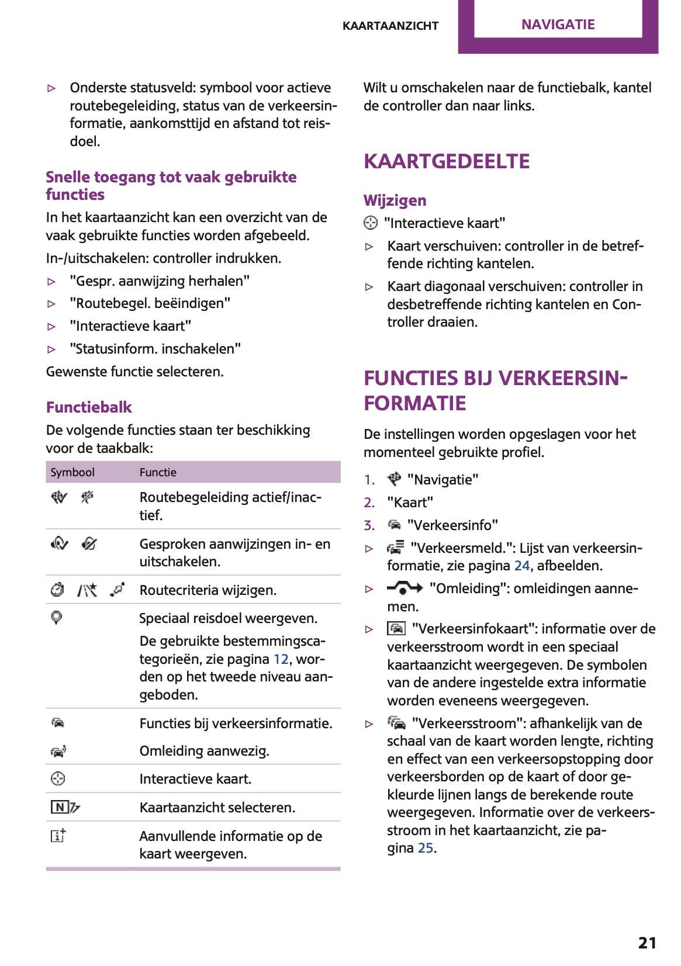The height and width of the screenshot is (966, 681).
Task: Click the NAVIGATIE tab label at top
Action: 558,25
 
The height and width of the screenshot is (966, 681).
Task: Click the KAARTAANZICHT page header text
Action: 390,26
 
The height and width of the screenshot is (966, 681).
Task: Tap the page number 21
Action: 647,943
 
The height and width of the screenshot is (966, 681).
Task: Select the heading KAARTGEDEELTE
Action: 447,161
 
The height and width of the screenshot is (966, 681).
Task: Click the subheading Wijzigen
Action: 395,200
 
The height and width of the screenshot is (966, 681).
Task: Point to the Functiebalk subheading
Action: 89,407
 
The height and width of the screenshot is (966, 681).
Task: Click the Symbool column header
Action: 72,472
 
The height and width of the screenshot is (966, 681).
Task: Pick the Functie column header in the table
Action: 158,472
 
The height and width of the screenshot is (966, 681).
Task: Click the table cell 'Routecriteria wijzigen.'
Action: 208,590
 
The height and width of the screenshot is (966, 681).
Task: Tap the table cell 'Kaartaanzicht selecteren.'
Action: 217,808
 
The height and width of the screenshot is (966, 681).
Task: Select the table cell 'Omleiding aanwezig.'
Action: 204,751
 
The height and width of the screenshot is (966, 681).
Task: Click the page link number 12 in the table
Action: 281,659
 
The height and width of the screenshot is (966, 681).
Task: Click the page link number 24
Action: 521,566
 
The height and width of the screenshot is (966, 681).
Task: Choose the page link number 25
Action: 425,848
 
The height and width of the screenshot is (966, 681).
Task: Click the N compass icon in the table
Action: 60,808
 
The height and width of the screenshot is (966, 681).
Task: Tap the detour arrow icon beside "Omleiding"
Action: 405,588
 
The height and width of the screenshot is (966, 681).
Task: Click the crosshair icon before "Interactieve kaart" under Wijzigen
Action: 371,223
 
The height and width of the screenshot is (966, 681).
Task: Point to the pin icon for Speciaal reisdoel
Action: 57,618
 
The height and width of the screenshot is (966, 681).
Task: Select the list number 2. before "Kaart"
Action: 369,503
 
